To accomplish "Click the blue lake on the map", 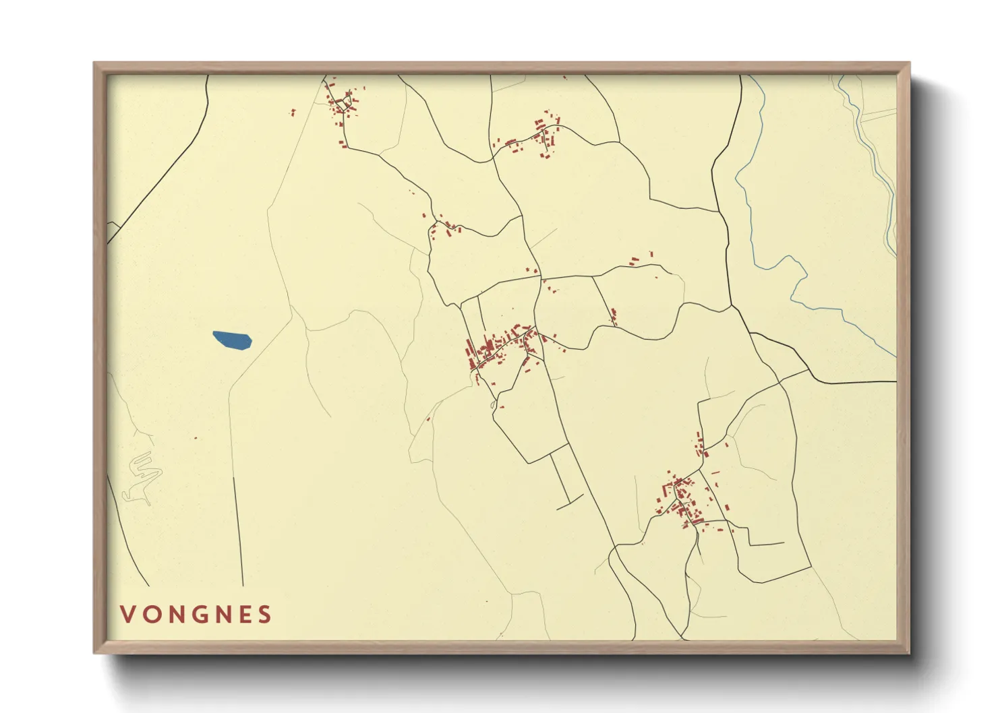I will (232, 340).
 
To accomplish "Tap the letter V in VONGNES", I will (127, 614).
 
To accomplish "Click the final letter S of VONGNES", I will (265, 614).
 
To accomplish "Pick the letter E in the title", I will (243, 614).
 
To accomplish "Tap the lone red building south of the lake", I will (196, 438).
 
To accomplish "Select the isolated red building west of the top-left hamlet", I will (293, 113).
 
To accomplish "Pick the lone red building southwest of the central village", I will (428, 418).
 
